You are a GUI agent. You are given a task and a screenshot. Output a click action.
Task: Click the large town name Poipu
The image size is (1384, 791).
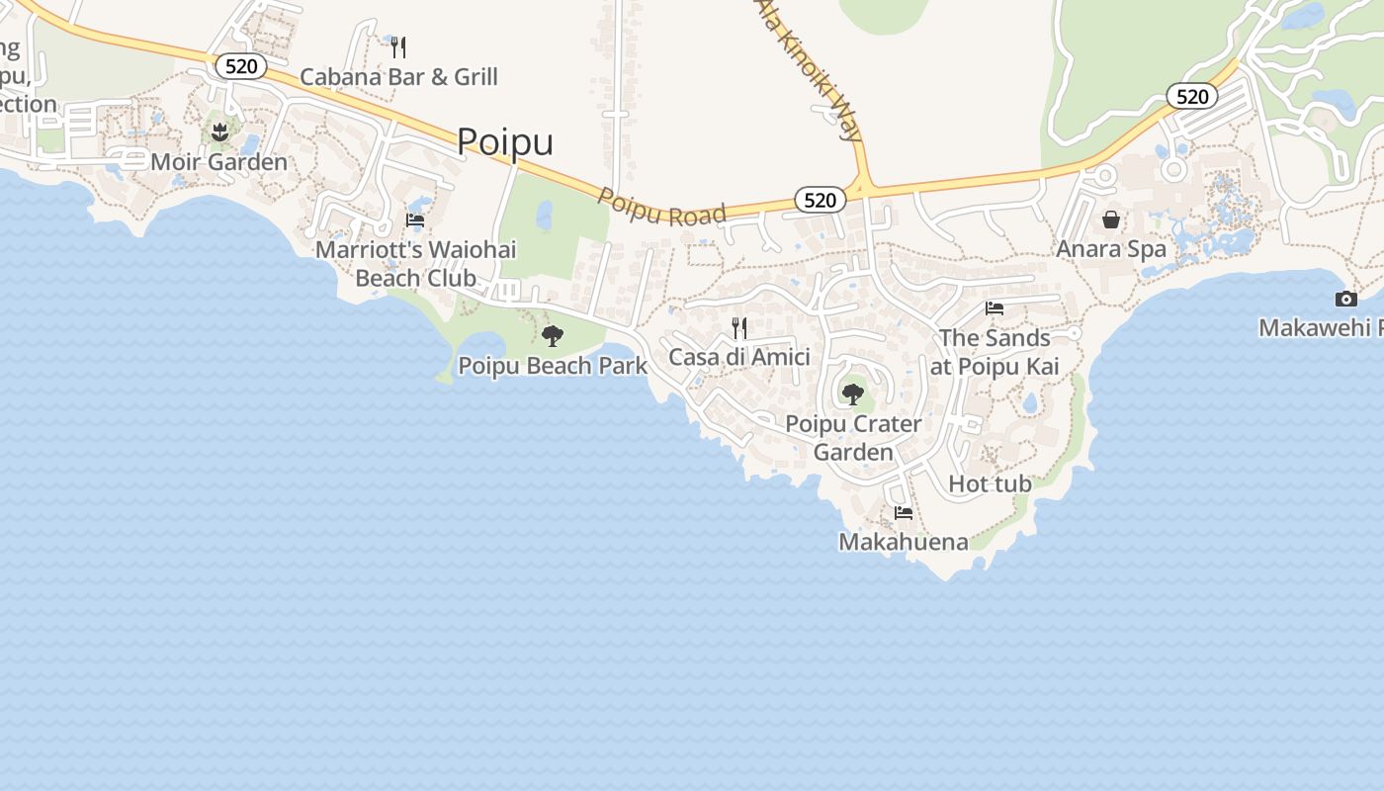(x=505, y=141)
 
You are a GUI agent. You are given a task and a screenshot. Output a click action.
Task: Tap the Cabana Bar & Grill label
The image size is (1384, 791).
(x=398, y=77)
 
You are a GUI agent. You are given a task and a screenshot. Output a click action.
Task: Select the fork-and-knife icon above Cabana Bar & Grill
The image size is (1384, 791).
(x=398, y=46)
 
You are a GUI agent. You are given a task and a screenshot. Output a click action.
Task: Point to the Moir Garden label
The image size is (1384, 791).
(x=219, y=161)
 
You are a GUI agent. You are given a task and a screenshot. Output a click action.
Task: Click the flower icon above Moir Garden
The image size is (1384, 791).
(x=219, y=131)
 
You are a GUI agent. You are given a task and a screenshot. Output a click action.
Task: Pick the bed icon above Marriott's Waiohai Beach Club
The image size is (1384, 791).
(x=415, y=220)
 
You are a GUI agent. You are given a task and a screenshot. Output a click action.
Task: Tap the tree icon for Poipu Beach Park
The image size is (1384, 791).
(x=553, y=336)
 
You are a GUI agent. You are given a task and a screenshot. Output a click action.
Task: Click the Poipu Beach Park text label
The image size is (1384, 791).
(x=553, y=366)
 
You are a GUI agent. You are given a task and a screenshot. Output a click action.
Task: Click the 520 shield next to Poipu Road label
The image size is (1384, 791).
(x=820, y=200)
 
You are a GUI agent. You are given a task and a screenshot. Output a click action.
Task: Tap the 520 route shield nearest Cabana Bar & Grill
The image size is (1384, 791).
(x=241, y=66)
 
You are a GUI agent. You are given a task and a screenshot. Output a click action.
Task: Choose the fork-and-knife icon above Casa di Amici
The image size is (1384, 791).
(x=738, y=327)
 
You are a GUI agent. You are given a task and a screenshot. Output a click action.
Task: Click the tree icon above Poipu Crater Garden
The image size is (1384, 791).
(x=852, y=395)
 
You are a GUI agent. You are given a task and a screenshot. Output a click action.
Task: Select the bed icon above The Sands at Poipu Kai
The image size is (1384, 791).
(x=995, y=308)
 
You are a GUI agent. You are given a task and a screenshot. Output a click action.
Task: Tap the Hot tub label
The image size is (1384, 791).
(x=990, y=483)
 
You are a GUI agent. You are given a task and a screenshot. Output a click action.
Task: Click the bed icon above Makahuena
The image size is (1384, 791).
(x=904, y=512)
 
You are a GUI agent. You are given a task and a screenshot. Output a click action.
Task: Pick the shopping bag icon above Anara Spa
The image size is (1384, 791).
(x=1111, y=220)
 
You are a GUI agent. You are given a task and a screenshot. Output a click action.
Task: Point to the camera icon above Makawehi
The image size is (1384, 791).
(x=1345, y=299)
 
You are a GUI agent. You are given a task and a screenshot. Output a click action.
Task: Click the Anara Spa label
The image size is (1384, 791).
(x=1111, y=249)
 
